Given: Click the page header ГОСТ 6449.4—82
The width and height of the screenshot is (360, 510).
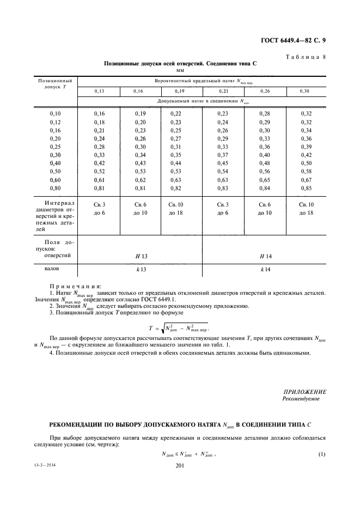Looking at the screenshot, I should [291, 40].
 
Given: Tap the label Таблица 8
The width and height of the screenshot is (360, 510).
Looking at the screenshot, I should [306, 57].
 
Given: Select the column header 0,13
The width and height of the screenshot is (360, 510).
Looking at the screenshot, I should [99, 91].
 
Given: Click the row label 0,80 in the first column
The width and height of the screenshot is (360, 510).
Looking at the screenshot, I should [56, 189].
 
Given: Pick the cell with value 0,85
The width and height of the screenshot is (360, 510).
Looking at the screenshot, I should [306, 189].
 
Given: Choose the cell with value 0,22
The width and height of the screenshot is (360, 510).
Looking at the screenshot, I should [175, 113].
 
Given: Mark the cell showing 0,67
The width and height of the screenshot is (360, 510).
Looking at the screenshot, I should [306, 180].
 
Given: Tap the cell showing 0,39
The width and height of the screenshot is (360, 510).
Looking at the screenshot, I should [306, 147].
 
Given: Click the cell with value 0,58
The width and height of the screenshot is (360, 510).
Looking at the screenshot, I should [306, 172].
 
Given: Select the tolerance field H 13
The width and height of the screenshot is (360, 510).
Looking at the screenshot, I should [141, 256].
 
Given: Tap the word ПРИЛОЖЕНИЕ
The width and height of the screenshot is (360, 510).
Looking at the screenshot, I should [305, 392].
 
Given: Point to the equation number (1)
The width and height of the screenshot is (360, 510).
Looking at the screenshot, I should [321, 453].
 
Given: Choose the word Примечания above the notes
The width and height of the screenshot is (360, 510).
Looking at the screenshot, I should [76, 286].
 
